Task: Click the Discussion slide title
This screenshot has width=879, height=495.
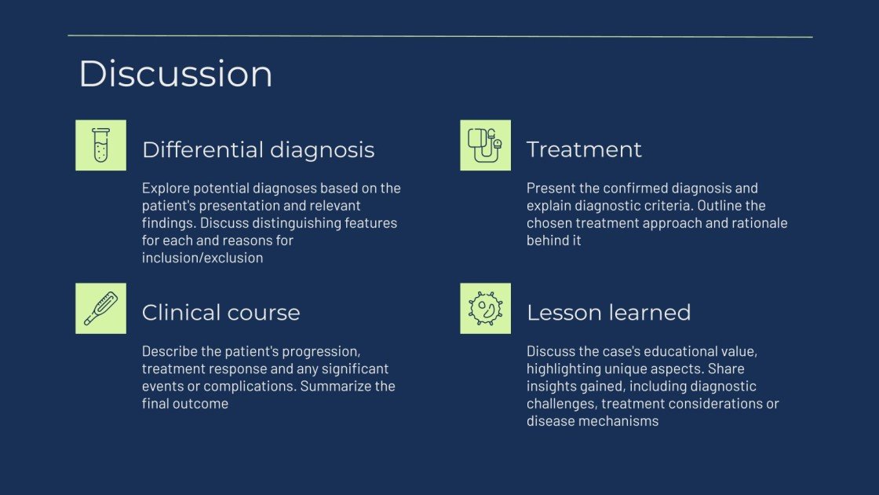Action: [x=176, y=74]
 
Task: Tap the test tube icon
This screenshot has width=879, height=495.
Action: [x=100, y=145]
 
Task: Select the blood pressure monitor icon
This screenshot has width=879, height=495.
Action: [x=485, y=145]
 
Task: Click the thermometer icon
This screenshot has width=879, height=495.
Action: [x=100, y=309]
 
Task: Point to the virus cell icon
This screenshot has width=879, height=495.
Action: [x=485, y=309]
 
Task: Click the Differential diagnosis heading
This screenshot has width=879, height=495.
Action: [x=258, y=149]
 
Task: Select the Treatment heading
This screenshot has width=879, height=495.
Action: [x=584, y=149]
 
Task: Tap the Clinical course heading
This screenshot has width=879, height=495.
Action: [x=221, y=313]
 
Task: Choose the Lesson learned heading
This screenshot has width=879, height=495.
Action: [x=608, y=313]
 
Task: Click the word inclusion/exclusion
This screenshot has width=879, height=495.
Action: [x=202, y=258]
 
